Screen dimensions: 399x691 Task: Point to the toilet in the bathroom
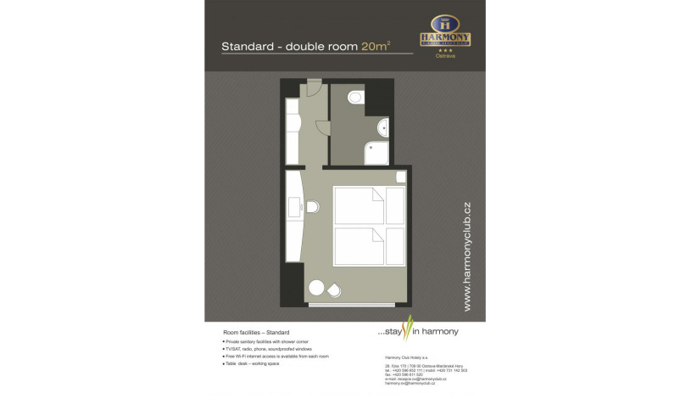point(354,98)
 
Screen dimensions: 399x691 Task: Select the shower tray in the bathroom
point(376,153)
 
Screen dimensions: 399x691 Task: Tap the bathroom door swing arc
point(322,126)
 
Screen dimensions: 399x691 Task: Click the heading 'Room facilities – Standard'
point(256,332)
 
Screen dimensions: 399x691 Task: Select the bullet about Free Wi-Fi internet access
point(276,356)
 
